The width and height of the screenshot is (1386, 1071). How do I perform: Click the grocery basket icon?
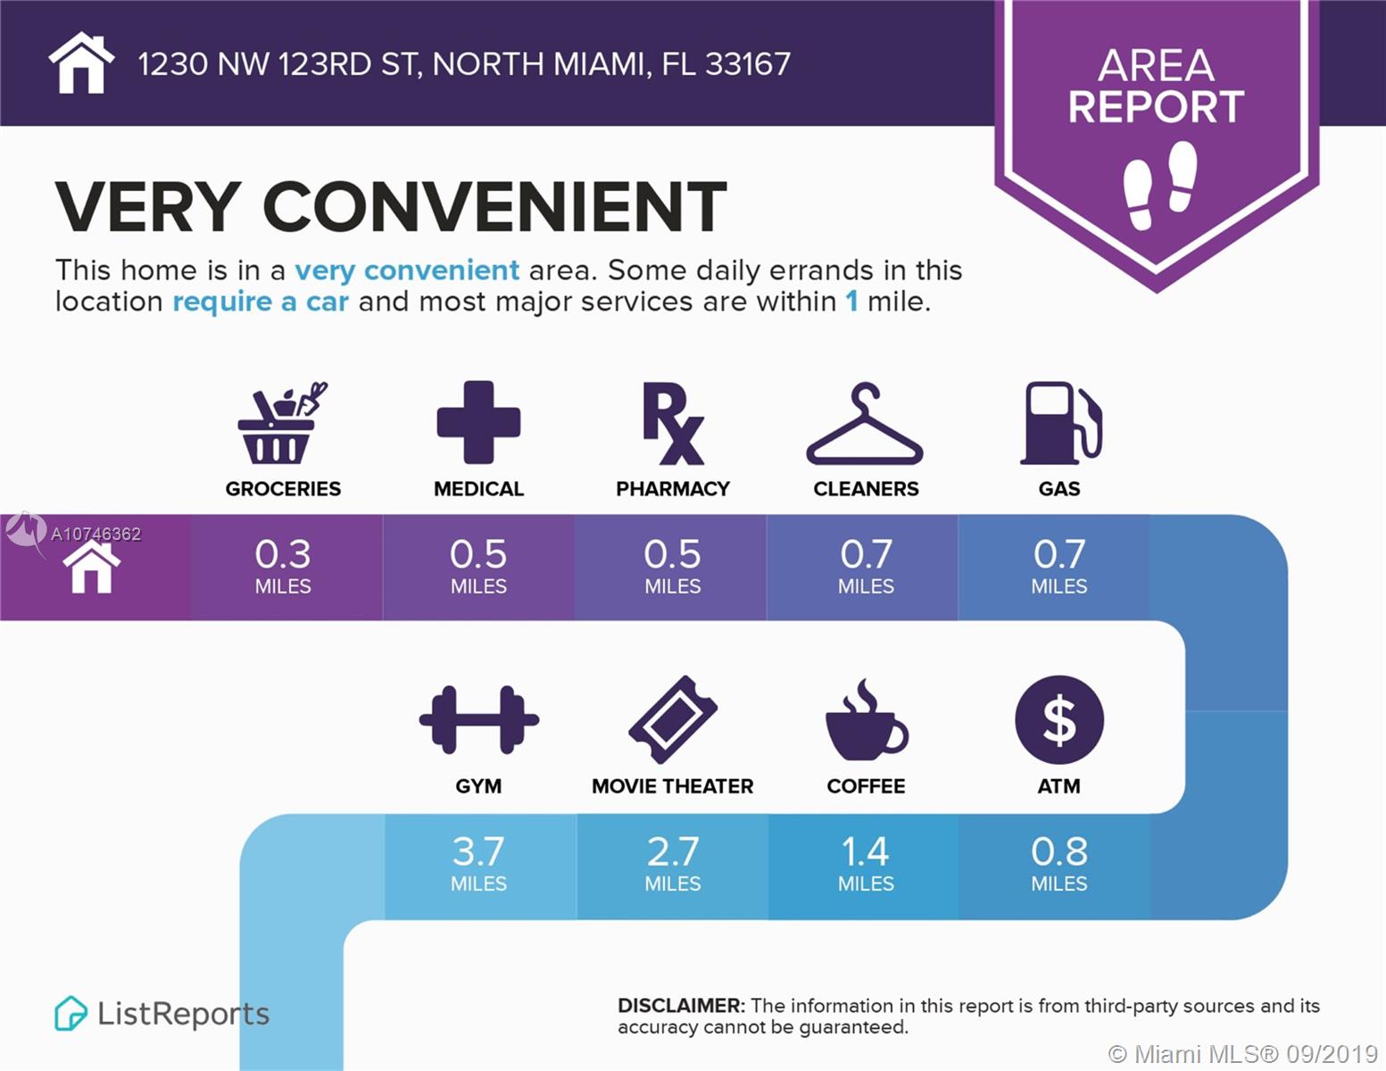point(280,424)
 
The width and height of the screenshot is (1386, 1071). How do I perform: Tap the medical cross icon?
point(478,422)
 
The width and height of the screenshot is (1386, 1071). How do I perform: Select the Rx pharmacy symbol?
point(673,424)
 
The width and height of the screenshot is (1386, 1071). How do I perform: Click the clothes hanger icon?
point(865,426)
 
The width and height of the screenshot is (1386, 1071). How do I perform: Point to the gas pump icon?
point(1060,423)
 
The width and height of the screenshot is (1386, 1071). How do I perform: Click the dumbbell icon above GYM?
point(478,719)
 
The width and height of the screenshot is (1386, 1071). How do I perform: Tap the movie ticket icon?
point(673,719)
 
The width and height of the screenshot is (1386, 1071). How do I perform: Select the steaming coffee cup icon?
point(865,721)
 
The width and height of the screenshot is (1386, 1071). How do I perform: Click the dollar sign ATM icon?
point(1059,719)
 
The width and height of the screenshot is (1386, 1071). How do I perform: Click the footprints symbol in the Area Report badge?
point(1159,185)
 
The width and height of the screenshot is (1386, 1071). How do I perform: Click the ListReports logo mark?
point(71,1014)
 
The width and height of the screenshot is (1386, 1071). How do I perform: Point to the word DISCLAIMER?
point(680,1006)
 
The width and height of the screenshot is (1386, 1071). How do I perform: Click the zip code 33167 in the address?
point(747,64)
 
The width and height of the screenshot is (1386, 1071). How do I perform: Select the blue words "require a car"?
point(260,302)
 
